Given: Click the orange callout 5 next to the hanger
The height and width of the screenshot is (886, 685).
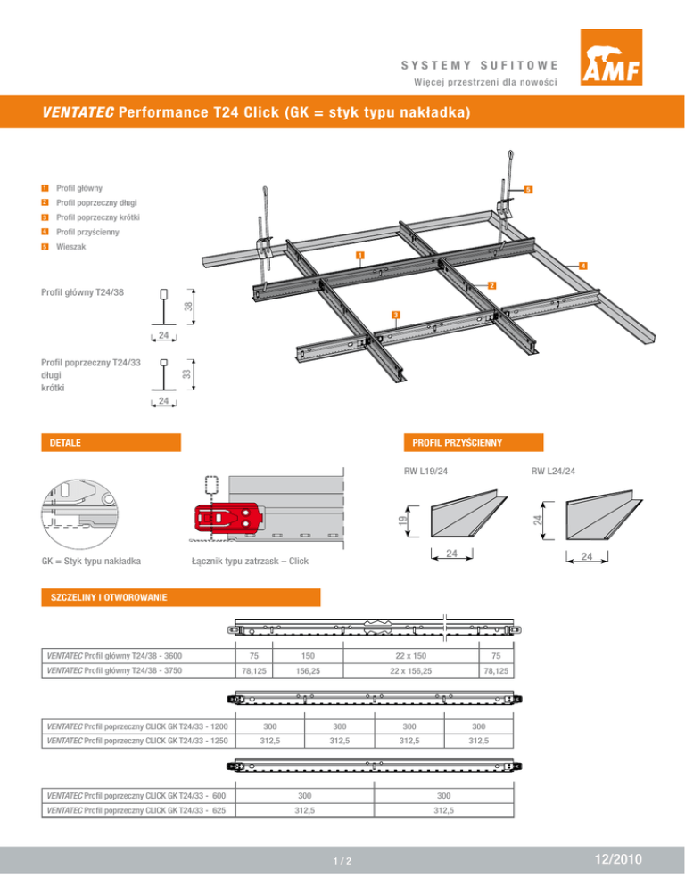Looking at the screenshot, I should coord(528,190).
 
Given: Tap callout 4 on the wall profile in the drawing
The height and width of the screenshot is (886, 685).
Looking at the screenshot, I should coord(581,265).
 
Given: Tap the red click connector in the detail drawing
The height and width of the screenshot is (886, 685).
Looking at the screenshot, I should coord(225,518).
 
